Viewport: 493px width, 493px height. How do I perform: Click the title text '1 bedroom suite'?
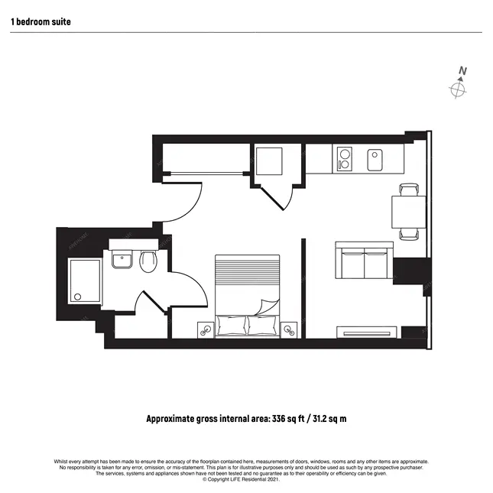(41, 22)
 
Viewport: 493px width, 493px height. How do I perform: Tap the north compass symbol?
(458, 89)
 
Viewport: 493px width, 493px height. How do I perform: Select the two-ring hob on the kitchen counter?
(342, 160)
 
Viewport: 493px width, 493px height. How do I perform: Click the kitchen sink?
(375, 161)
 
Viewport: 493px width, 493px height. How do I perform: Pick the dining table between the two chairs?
(408, 212)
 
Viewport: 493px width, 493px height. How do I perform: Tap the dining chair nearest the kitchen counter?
(409, 190)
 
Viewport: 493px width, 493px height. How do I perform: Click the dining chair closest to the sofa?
(409, 234)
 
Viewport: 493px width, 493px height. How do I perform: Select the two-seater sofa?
(365, 262)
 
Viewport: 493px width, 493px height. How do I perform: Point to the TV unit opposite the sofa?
(368, 332)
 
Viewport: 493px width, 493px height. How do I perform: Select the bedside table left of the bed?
(205, 329)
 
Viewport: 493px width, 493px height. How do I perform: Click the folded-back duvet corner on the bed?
(268, 307)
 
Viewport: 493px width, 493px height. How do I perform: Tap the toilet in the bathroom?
(148, 263)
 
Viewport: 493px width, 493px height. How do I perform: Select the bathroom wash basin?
(122, 261)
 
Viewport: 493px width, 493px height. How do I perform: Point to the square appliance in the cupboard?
(270, 161)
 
